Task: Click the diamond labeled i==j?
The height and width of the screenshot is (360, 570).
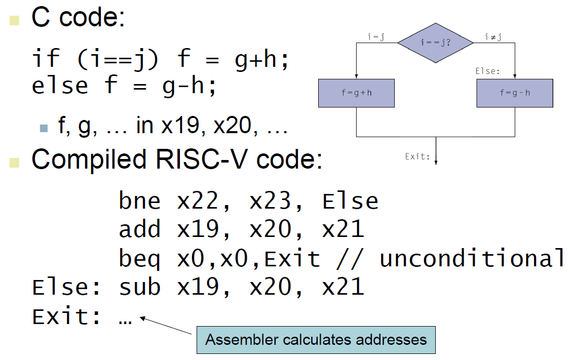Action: click(x=435, y=43)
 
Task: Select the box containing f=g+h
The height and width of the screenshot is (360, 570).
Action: click(x=356, y=93)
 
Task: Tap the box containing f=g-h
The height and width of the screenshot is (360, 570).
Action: click(x=515, y=93)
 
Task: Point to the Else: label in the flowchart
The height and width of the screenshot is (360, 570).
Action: click(x=487, y=71)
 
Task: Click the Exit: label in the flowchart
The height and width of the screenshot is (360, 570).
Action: click(x=417, y=156)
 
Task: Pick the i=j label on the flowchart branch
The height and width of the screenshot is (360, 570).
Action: click(x=375, y=36)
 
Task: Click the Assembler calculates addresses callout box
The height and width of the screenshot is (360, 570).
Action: click(x=316, y=339)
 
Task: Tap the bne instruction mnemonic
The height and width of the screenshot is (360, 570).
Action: click(x=140, y=201)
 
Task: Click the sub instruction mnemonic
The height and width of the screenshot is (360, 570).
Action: click(x=140, y=287)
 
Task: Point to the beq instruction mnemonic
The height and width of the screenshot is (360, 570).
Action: click(x=140, y=259)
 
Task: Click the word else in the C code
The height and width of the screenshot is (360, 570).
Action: click(x=60, y=85)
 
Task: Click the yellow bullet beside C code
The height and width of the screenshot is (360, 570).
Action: click(x=14, y=20)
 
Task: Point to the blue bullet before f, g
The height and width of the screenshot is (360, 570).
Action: click(x=44, y=128)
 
